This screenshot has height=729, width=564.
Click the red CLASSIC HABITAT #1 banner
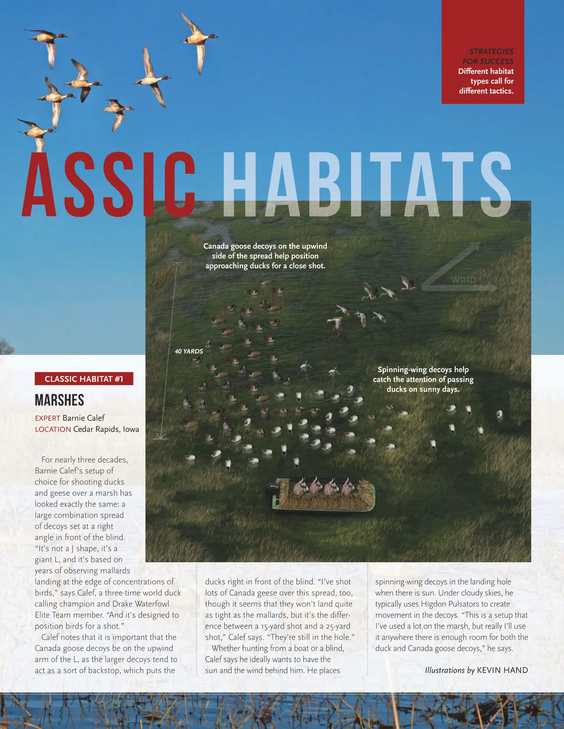pos(84,379)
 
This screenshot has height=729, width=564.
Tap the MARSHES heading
pos(59,400)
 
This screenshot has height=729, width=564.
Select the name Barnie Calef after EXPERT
pos(83,418)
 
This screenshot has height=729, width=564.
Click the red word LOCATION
pos(53,429)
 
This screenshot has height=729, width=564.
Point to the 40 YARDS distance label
pos(188,351)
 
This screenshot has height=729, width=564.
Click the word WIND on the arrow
pos(463,280)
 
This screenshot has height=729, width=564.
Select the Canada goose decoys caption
pos(265,256)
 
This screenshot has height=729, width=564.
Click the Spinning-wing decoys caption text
pos(423,379)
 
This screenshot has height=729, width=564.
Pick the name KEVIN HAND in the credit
pos(502,670)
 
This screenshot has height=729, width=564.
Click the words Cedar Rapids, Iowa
pos(106,429)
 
